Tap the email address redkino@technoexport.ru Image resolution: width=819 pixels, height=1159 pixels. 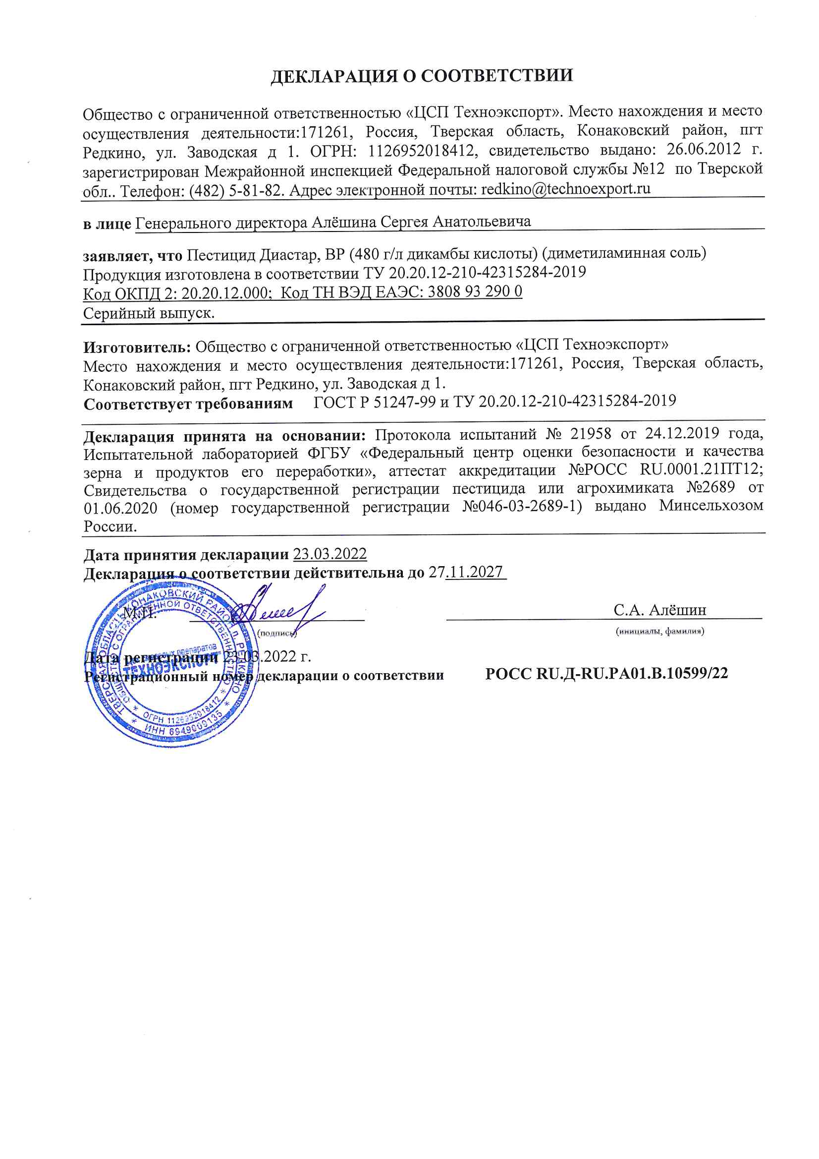pyautogui.click(x=566, y=189)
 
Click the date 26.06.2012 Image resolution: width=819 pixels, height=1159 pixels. pyautogui.click(x=704, y=149)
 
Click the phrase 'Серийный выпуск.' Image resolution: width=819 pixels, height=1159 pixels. pyautogui.click(x=149, y=313)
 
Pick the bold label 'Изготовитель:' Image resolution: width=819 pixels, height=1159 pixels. pyautogui.click(x=137, y=348)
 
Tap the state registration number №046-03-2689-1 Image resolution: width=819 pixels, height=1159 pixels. pyautogui.click(x=522, y=506)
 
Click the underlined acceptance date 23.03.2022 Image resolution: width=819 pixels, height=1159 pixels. pyautogui.click(x=330, y=554)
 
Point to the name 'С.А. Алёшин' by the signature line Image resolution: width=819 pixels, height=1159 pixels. pyautogui.click(x=659, y=610)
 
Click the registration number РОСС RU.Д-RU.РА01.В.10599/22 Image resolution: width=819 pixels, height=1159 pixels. pyautogui.click(x=606, y=673)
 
